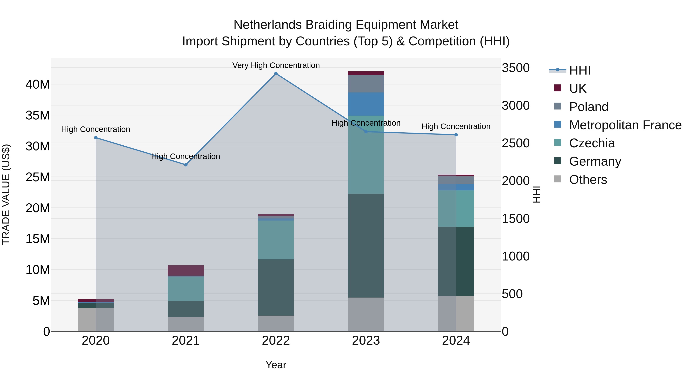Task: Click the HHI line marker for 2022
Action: click(x=276, y=74)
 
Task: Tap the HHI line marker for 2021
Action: click(x=186, y=165)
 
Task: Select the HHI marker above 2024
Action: click(x=456, y=135)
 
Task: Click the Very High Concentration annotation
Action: click(x=276, y=65)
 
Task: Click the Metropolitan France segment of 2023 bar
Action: click(x=366, y=104)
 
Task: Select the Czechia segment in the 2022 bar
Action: click(x=276, y=240)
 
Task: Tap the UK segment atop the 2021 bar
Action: click(x=186, y=270)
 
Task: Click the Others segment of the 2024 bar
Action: click(x=456, y=314)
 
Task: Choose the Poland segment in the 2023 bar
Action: click(x=366, y=84)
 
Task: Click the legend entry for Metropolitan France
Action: click(x=625, y=125)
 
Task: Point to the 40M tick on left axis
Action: click(x=38, y=85)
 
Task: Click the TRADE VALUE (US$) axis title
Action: click(x=6, y=194)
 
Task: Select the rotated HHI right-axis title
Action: click(x=536, y=194)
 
